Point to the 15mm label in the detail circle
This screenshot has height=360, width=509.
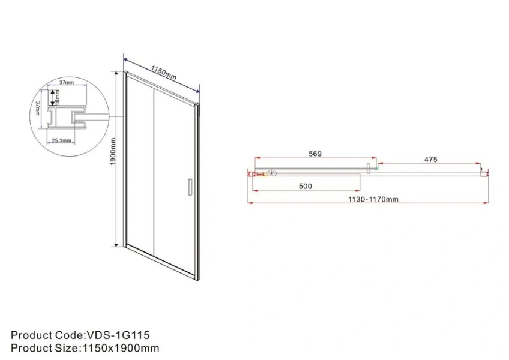56,97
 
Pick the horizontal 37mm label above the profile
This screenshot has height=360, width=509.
66,82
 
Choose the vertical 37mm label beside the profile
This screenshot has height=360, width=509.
38,111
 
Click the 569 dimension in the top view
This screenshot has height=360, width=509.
315,154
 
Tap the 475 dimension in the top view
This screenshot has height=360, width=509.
430,159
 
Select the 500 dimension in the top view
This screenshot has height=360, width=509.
306,186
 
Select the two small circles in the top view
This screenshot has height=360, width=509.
271,173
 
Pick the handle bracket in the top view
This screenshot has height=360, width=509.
370,168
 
